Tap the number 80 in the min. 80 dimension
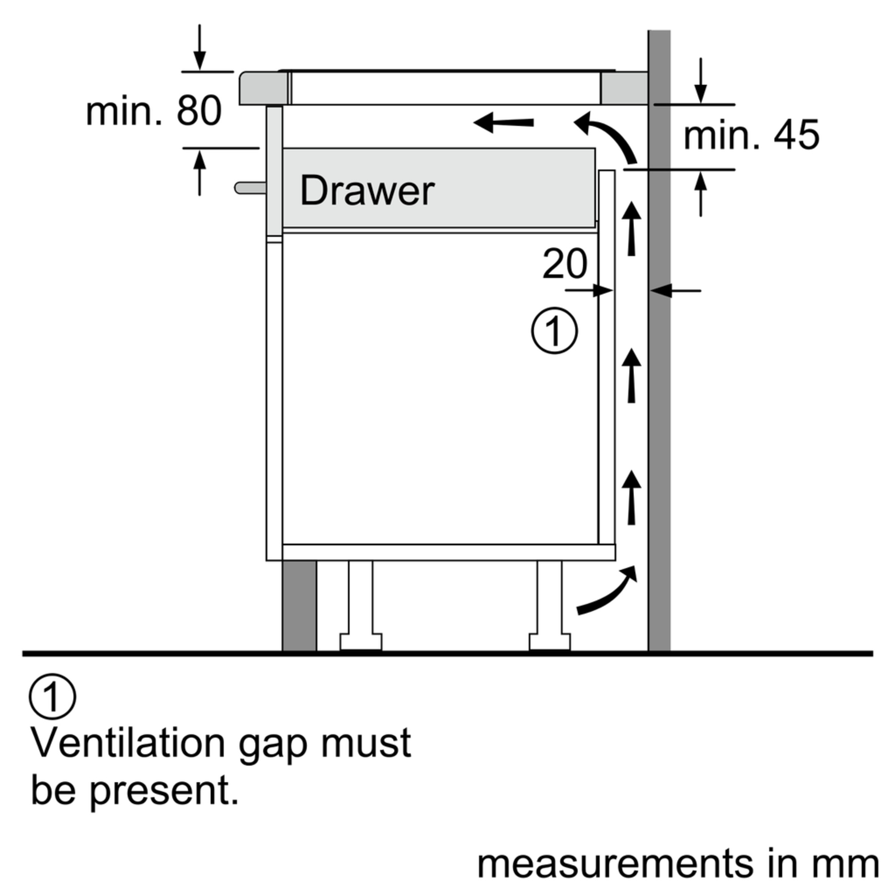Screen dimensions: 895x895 [199, 111]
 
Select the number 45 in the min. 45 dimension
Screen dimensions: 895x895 [797, 135]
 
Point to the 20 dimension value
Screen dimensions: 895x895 [564, 264]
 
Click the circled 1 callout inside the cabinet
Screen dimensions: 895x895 [554, 331]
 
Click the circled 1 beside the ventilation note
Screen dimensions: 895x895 [52, 696]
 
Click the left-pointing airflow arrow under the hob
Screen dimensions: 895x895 [503, 123]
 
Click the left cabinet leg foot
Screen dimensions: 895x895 [361, 642]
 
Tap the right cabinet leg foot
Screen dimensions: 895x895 [550, 642]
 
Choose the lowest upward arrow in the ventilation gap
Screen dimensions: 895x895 [631, 498]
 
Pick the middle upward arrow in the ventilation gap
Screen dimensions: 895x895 [631, 375]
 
